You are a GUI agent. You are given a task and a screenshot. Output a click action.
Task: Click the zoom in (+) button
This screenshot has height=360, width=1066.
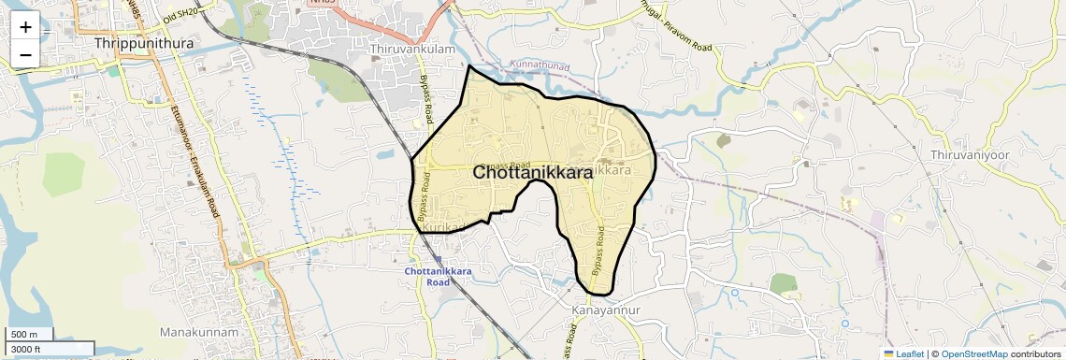[25, 26]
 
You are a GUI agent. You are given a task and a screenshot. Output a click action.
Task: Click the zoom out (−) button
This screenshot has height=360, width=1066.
[25, 54]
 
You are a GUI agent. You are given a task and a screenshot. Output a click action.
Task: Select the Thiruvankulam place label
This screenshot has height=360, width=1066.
[413, 49]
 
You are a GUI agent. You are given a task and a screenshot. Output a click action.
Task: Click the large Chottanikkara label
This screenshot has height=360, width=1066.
[532, 173]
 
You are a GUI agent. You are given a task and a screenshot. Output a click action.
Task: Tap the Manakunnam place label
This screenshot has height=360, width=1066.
[199, 332]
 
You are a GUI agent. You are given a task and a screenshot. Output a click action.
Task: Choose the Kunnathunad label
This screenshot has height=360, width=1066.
[540, 65]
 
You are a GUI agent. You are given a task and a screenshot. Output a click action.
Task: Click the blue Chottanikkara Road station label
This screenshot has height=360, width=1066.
[439, 276]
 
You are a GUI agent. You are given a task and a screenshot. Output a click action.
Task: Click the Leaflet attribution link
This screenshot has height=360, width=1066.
[903, 353]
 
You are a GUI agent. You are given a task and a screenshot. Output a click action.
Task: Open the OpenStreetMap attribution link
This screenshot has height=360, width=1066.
[973, 353]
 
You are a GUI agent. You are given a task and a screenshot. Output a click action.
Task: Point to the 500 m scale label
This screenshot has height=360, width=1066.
[24, 334]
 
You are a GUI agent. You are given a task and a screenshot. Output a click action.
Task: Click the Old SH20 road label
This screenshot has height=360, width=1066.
[180, 11]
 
